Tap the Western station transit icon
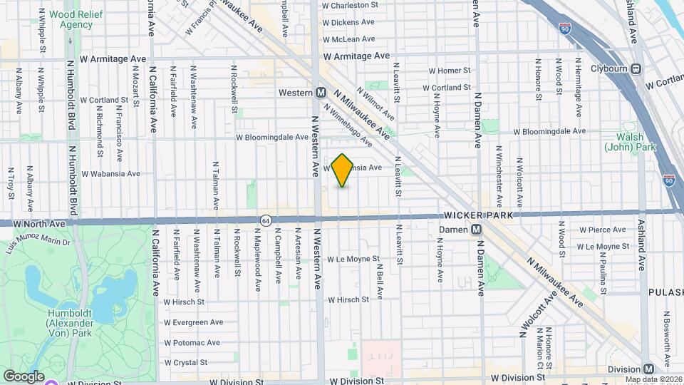(321, 93)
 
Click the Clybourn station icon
(636, 69)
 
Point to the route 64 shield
(265, 221)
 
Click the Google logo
(24, 376)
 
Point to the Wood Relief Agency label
(66, 19)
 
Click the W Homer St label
(449, 71)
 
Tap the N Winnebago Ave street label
(348, 125)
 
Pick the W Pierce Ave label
(602, 230)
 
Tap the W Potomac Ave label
(191, 342)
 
